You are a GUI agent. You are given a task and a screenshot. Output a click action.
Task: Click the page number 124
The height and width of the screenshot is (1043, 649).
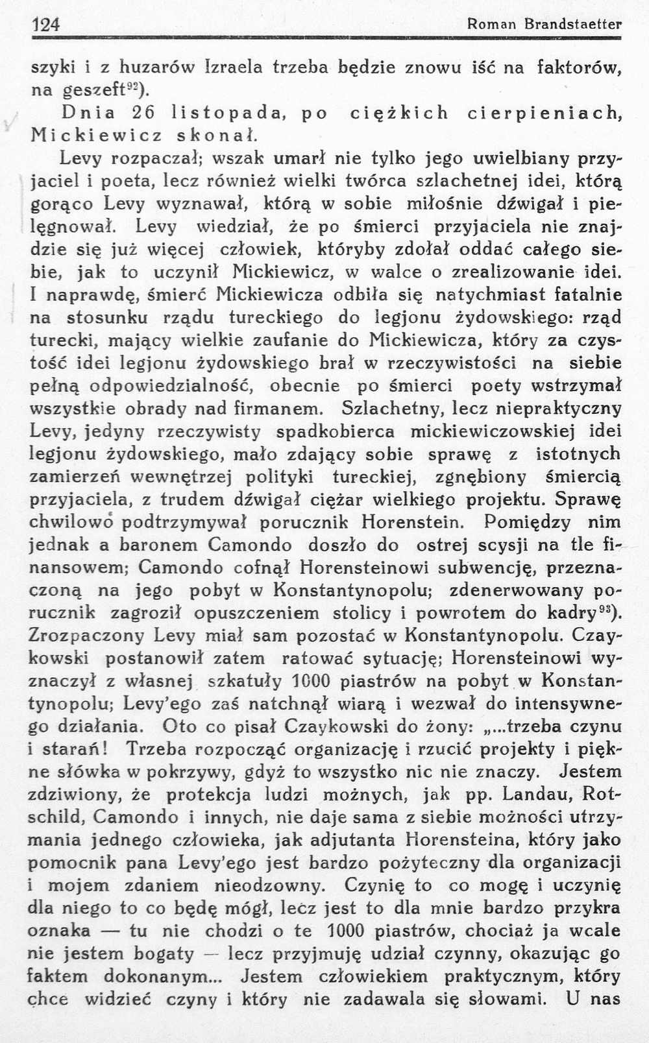tap(45, 25)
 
